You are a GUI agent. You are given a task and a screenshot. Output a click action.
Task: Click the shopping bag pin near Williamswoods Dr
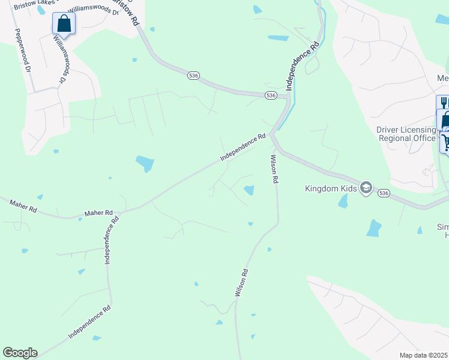click(x=63, y=24)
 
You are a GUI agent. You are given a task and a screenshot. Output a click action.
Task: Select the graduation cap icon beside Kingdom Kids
click(x=366, y=188)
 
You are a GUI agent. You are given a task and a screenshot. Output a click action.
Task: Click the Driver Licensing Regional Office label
click(x=406, y=134)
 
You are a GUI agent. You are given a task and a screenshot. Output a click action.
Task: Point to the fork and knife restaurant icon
click(x=443, y=103)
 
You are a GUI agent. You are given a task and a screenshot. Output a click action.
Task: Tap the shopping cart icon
click(x=446, y=142)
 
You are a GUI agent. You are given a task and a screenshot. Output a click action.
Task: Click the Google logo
click(x=20, y=353)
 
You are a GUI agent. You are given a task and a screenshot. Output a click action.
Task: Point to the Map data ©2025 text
click(x=424, y=355)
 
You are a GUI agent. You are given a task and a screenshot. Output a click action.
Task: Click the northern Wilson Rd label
click(x=274, y=169)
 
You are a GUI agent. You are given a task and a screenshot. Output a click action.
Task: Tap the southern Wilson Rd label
click(x=241, y=283)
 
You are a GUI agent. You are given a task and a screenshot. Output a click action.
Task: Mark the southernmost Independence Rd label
click(x=89, y=323)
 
